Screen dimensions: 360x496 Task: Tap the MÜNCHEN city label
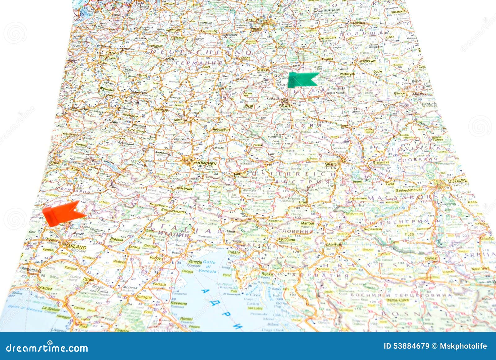click(206, 163)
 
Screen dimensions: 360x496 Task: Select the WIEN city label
click(331, 164)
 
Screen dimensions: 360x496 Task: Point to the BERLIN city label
click(252, 20)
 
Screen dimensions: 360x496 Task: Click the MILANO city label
click(77, 247)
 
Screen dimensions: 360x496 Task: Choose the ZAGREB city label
click(333, 244)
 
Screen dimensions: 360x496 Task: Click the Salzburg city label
click(241, 174)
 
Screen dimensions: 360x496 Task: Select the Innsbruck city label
click(185, 189)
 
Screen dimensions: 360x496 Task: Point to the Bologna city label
click(144, 297)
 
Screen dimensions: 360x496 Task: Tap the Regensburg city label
click(221, 130)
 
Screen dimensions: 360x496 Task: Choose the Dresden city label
click(263, 70)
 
